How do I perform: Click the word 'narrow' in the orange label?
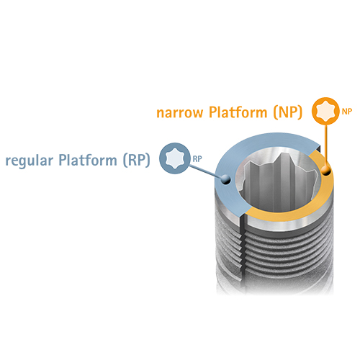tap(180, 113)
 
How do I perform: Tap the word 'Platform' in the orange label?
tap(238, 112)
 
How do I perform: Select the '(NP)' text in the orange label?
tap(288, 112)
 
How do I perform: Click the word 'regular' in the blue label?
tap(29, 161)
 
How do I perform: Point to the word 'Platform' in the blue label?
tap(88, 160)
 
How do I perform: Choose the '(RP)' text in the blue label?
tap(137, 160)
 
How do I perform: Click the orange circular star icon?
tap(325, 111)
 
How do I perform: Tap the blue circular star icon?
tap(175, 158)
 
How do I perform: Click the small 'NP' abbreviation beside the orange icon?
tap(347, 112)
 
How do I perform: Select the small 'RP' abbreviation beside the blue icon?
tap(197, 159)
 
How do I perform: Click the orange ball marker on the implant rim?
tap(326, 171)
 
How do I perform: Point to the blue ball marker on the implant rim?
tap(226, 179)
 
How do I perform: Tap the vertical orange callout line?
tap(325, 145)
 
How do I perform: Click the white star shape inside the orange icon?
tap(325, 111)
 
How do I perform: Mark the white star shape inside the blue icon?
tap(175, 158)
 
